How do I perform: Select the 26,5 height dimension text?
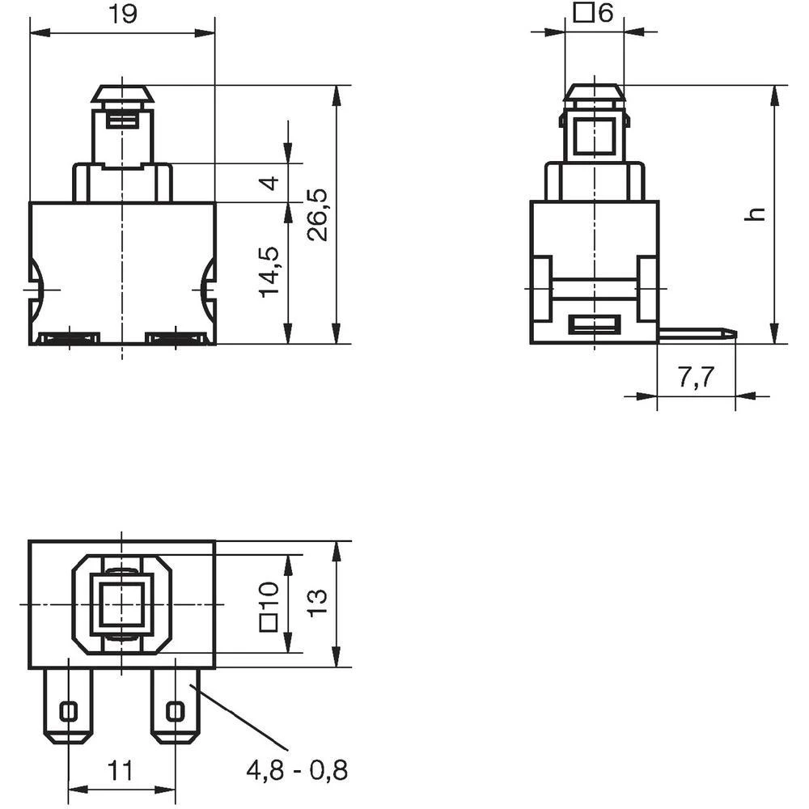318,214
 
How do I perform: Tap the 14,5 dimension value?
272,271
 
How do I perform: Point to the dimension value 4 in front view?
273,183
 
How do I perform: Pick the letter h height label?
754,214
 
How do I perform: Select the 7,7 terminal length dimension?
697,378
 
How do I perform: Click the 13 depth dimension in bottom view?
318,604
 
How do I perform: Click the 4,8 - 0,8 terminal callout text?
297,769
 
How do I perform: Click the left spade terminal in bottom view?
69,705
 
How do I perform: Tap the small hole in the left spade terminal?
69,711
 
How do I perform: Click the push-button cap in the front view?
122,94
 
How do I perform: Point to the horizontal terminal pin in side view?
696,332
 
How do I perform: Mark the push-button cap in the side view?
595,94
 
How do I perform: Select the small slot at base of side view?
595,325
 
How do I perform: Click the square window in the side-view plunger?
595,136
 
